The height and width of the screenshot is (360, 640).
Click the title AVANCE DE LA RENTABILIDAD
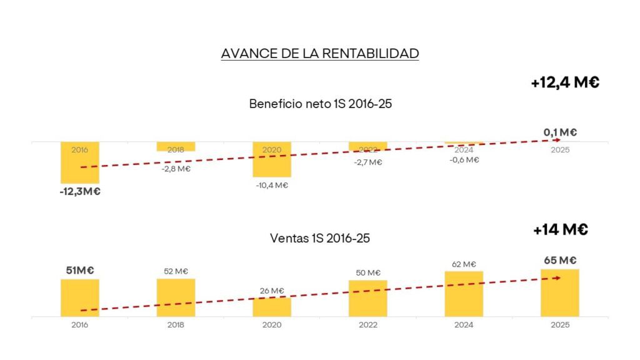click(x=319, y=54)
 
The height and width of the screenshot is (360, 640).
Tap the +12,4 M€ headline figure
click(x=565, y=82)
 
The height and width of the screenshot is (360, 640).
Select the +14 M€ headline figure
click(x=561, y=229)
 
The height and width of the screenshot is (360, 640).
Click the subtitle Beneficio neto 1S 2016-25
click(x=320, y=104)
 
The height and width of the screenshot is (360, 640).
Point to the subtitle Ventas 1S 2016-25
click(x=320, y=238)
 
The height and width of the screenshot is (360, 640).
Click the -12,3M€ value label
click(x=79, y=191)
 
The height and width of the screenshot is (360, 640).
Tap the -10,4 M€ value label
click(x=272, y=185)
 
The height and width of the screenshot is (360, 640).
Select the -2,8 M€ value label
click(x=176, y=169)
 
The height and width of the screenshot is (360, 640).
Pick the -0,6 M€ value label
click(x=464, y=160)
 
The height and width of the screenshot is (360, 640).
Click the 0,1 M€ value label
click(x=559, y=132)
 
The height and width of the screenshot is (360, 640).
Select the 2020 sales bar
click(x=272, y=307)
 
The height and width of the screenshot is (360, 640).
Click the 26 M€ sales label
click(x=272, y=291)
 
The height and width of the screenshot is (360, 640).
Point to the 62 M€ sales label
click(x=464, y=264)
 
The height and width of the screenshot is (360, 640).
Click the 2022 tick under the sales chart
click(x=367, y=325)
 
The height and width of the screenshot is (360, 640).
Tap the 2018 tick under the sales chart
click(x=176, y=325)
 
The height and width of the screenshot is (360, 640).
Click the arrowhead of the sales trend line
click(x=557, y=278)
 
